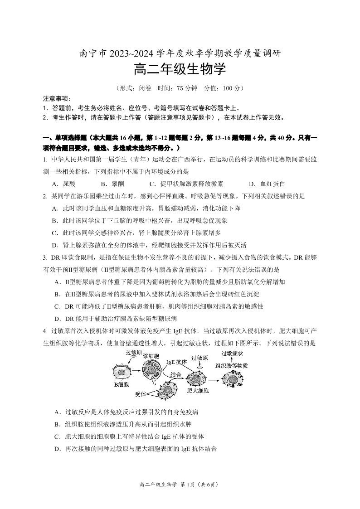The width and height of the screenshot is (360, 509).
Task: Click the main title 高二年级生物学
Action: tap(180, 70)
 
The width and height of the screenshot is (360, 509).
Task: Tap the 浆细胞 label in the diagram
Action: tap(151, 356)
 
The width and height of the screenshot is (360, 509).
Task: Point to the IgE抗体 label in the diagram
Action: tap(176, 362)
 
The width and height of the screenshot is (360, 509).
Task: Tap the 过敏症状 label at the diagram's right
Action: tap(232, 353)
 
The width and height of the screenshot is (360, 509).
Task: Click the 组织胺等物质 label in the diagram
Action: tap(231, 365)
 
